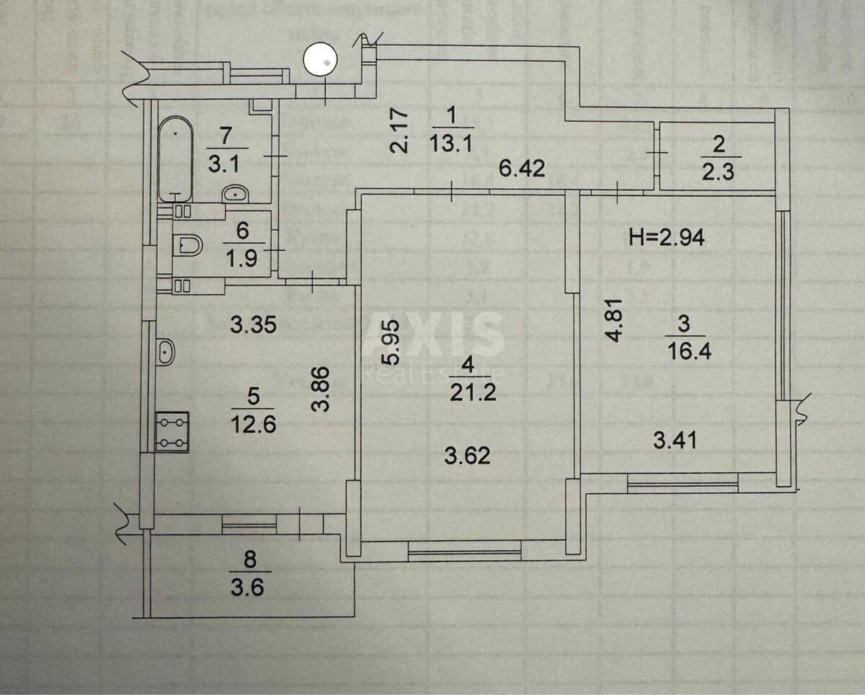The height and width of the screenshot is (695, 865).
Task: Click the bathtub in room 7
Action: click(x=175, y=159)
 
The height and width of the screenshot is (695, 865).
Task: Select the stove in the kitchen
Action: click(x=173, y=431)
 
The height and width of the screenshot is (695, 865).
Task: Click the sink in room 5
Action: click(x=165, y=353)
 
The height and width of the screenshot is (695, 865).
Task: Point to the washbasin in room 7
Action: click(x=234, y=193)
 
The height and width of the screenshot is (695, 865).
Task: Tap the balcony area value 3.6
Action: click(x=247, y=587)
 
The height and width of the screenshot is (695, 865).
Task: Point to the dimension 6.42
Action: click(x=522, y=170)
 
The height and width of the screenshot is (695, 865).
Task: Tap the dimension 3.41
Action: click(x=675, y=438)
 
